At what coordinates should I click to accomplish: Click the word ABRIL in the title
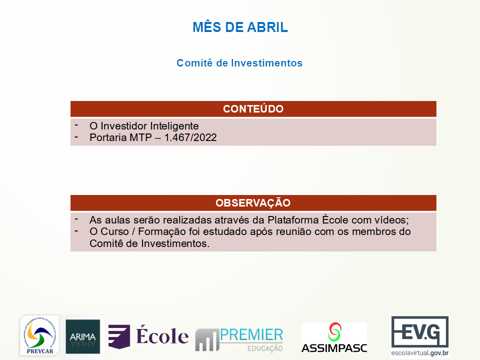(x=267, y=27)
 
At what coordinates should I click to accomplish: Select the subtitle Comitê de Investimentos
(x=239, y=63)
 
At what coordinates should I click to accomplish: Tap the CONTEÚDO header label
(x=253, y=108)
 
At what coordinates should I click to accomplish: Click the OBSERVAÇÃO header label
(x=253, y=202)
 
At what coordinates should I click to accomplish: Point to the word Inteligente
(x=174, y=126)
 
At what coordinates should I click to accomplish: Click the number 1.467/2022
(x=190, y=137)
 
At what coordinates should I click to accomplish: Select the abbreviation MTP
(x=141, y=137)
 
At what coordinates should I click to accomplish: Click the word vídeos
(x=391, y=220)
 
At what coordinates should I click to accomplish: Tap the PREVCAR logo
(x=40, y=335)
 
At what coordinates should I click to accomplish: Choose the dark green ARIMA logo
(x=82, y=336)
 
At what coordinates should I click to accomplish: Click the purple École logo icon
(x=119, y=336)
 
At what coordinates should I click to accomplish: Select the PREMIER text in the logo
(x=251, y=335)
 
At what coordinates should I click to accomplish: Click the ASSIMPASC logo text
(x=334, y=348)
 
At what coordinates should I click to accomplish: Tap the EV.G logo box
(x=419, y=332)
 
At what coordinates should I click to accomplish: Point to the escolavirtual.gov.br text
(x=419, y=353)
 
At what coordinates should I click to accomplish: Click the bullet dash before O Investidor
(x=76, y=124)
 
